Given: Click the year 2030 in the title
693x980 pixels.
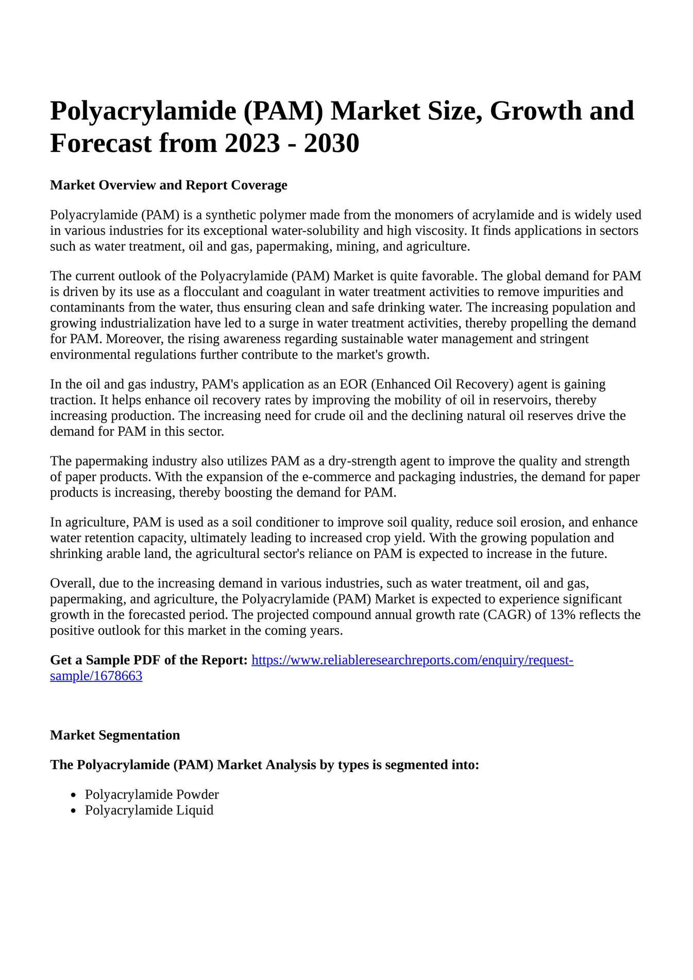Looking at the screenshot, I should [x=331, y=143].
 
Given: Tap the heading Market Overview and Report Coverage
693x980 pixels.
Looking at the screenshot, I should [x=168, y=185].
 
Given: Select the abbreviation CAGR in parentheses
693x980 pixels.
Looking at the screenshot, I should [x=507, y=615].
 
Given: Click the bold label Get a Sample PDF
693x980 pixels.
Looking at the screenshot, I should [x=149, y=660].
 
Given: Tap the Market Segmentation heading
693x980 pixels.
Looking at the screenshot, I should [x=115, y=735].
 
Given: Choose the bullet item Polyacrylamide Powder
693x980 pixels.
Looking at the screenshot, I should [x=152, y=794].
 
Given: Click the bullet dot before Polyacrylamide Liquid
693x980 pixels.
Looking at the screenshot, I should [x=74, y=811].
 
